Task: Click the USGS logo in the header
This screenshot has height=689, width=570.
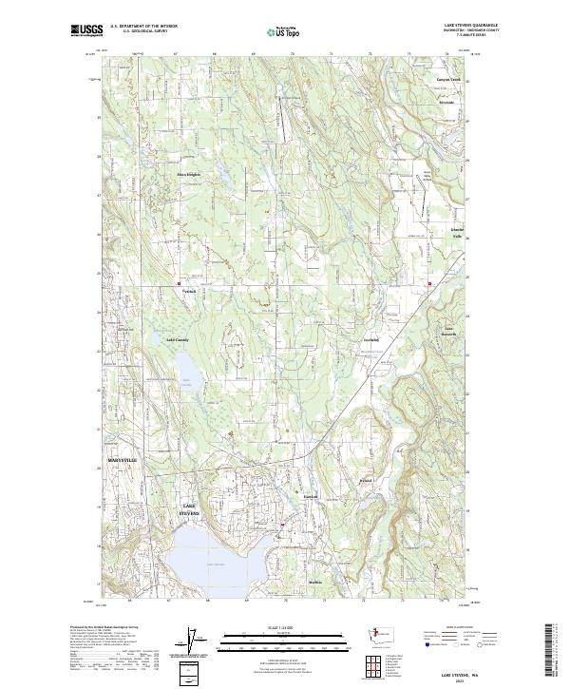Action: coord(87,31)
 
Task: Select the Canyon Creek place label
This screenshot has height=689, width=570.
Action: coord(447,80)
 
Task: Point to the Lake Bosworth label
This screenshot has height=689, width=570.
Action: coord(450,331)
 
